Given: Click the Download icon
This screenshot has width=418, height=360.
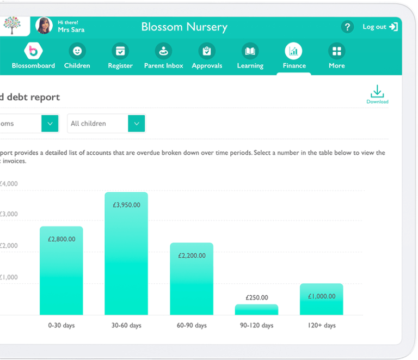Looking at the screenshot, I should [377, 91].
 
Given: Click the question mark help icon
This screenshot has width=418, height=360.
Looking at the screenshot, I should [347, 27].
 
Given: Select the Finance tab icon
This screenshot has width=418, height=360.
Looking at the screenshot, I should [294, 52].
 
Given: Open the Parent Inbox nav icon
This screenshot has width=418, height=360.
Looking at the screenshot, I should [163, 52].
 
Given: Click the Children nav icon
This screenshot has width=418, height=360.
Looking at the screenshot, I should [77, 52].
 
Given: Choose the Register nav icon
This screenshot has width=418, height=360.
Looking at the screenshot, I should [120, 52].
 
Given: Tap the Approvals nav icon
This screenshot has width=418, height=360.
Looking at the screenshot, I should [207, 52].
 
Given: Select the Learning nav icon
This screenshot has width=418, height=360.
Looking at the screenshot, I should [250, 52].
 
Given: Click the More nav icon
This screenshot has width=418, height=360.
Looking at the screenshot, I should [336, 52].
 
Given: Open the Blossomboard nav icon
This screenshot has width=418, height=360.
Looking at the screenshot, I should [33, 52].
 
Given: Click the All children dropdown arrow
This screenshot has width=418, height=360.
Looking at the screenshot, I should [136, 124].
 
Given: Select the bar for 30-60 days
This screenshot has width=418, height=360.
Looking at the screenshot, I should [126, 256].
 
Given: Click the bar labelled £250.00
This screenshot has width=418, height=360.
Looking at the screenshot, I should [256, 309].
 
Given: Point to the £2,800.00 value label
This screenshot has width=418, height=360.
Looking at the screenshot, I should [62, 239].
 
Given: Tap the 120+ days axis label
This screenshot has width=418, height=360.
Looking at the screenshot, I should [321, 326].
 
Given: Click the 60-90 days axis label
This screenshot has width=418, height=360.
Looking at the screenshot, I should [192, 326].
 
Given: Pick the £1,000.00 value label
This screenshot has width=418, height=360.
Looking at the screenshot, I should [322, 296].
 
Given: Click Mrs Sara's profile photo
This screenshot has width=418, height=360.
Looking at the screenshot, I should [44, 26].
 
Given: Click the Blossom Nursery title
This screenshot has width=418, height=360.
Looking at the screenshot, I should [184, 27].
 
